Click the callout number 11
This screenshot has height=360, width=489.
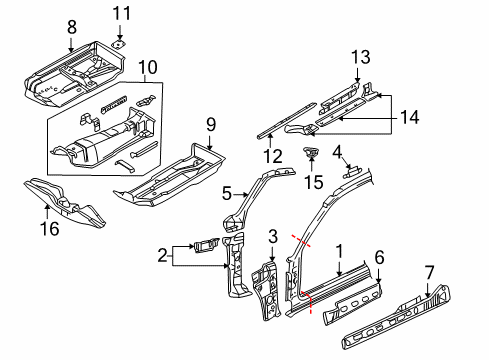[122, 14]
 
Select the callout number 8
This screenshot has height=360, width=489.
[72, 27]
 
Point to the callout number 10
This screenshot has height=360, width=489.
[148, 67]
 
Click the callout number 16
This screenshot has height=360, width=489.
[50, 229]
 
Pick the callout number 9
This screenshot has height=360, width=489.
[211, 125]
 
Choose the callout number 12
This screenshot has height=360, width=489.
[273, 156]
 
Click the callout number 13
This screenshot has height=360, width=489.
[361, 57]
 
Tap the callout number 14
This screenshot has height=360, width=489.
[409, 117]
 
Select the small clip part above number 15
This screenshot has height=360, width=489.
[311, 152]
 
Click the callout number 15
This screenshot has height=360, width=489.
[314, 182]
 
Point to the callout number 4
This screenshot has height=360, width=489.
[337, 152]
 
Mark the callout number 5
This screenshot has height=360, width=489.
[227, 194]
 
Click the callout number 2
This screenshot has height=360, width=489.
[162, 256]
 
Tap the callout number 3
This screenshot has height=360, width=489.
[273, 236]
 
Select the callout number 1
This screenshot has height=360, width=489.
[339, 251]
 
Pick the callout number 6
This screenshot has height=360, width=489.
[379, 257]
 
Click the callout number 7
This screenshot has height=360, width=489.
[430, 272]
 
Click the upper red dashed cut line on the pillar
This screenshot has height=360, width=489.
[302, 241]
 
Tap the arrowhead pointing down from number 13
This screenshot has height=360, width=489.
[357, 79]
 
